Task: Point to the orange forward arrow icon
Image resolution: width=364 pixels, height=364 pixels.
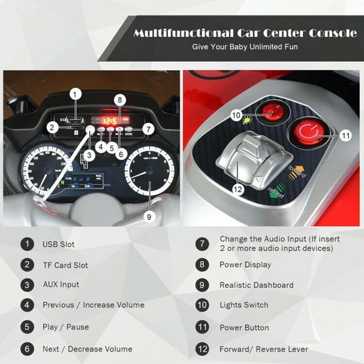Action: [x=296, y=172]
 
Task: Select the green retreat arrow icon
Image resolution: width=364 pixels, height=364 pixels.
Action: [x=277, y=191]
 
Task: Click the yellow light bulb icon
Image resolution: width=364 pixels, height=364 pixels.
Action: [x=247, y=120]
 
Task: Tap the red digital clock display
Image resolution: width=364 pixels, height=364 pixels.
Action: [x=110, y=120]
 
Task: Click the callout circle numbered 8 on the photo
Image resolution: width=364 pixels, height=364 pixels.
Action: [x=120, y=100]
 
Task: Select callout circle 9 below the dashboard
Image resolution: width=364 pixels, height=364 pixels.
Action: [x=149, y=217]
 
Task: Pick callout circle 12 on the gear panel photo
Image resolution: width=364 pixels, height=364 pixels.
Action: [x=238, y=189]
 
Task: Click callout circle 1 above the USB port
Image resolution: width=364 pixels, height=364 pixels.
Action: [x=75, y=95]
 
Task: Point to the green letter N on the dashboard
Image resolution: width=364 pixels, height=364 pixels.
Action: [x=62, y=182]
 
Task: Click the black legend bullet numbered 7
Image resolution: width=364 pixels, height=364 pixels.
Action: [x=202, y=244]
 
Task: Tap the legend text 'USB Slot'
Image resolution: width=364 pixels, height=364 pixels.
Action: [x=59, y=244]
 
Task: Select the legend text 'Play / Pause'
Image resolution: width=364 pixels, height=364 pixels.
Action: [x=66, y=327]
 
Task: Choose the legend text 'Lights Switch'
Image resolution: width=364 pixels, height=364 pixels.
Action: [x=244, y=305]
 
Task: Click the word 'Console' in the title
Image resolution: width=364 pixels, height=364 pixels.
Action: [x=333, y=33]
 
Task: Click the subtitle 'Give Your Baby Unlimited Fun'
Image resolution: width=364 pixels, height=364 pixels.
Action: [x=245, y=47]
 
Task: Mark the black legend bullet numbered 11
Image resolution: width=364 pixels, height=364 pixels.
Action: [x=202, y=327]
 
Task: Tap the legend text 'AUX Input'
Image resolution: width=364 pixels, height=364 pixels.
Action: [x=61, y=284]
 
